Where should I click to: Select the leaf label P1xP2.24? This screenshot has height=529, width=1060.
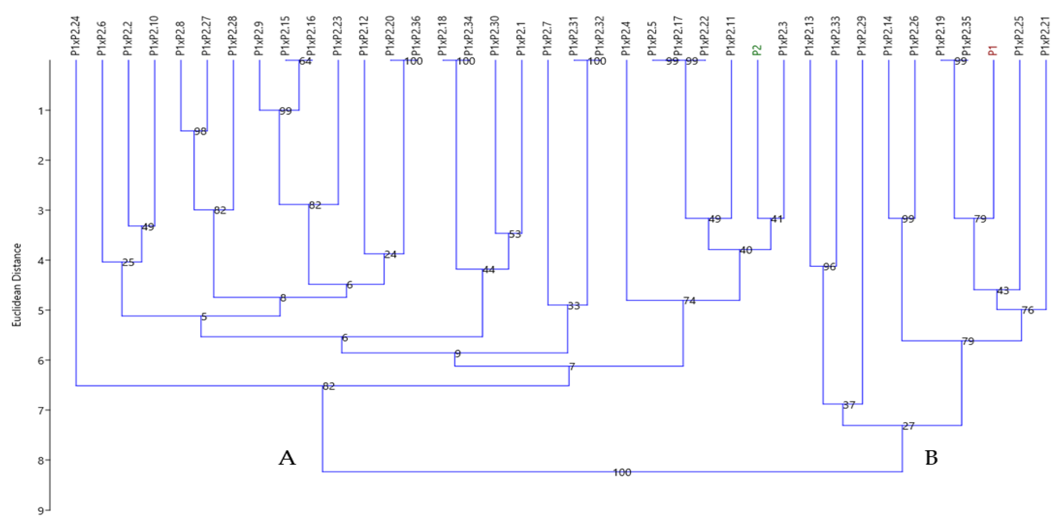coord(76,36)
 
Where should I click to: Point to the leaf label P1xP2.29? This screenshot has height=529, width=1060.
coord(862,36)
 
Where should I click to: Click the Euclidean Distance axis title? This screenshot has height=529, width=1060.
coord(16,285)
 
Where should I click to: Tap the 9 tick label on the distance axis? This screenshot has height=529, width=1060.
coord(41,511)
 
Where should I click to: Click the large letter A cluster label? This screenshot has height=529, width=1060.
coord(287,458)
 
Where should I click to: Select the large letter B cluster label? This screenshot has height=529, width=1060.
coord(931,458)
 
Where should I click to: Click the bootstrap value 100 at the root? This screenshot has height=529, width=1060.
coord(622,472)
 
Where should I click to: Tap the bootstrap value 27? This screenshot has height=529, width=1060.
coord(908,426)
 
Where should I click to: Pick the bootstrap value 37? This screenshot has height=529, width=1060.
coord(849,405)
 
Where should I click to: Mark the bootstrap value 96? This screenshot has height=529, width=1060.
coord(829,267)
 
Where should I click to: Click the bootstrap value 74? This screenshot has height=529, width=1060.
coord(689,301)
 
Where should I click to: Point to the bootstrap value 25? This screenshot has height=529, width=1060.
coord(128,262)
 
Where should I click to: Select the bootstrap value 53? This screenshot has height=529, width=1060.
coord(515,234)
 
